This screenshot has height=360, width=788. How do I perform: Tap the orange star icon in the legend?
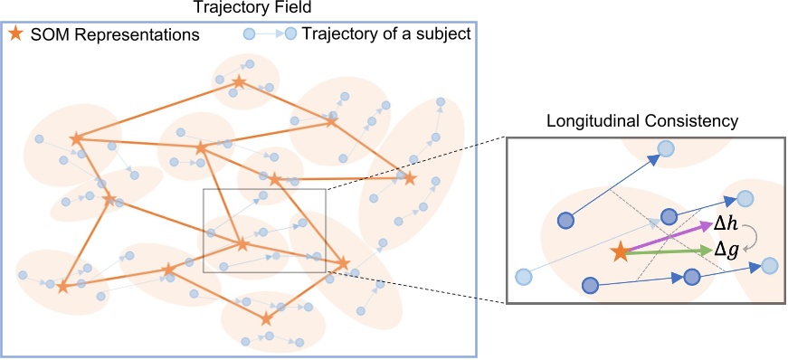14,35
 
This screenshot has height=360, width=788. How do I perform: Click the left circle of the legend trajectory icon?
248,35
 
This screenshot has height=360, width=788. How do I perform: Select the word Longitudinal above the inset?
594,120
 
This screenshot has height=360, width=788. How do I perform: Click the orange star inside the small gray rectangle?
242,243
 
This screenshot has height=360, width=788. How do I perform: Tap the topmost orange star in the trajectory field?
238,82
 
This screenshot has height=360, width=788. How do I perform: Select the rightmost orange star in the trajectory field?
409,178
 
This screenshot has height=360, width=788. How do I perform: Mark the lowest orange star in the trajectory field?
265,318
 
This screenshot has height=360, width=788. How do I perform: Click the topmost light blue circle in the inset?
665,149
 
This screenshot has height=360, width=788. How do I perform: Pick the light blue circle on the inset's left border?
522,277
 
